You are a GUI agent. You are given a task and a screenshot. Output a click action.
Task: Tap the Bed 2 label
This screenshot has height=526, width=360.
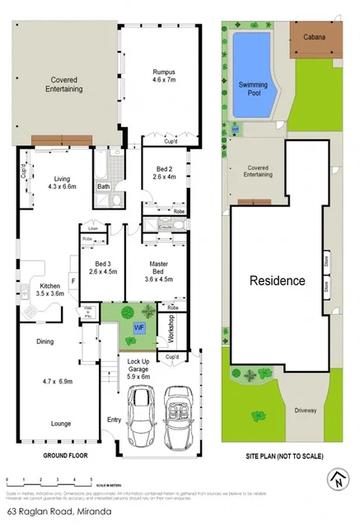pos(165,170)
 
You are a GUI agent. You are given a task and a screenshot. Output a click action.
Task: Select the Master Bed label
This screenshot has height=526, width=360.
pos(159,265)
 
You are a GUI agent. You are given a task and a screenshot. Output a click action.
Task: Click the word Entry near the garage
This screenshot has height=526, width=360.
pos(113,420)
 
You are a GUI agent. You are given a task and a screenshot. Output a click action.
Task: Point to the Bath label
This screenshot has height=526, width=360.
pos(104,187)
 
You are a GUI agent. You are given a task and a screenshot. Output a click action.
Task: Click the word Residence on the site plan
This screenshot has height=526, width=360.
pos(277,280)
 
